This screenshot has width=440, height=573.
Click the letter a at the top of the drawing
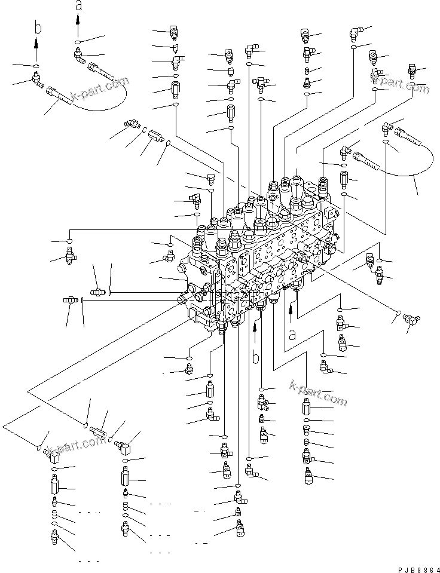tap(78, 7)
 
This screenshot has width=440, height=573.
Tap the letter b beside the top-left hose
tap(37, 29)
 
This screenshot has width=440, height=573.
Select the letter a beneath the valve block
tap(292, 334)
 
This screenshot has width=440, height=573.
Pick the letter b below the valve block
tap(255, 358)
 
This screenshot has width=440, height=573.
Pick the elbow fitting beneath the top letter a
tap(78, 56)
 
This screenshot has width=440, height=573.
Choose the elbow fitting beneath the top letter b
tap(37, 77)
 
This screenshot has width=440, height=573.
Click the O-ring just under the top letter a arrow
tap(78, 42)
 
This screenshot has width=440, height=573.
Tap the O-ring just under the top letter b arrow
tap(37, 65)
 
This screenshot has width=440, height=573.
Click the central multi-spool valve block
tap(263, 251)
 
